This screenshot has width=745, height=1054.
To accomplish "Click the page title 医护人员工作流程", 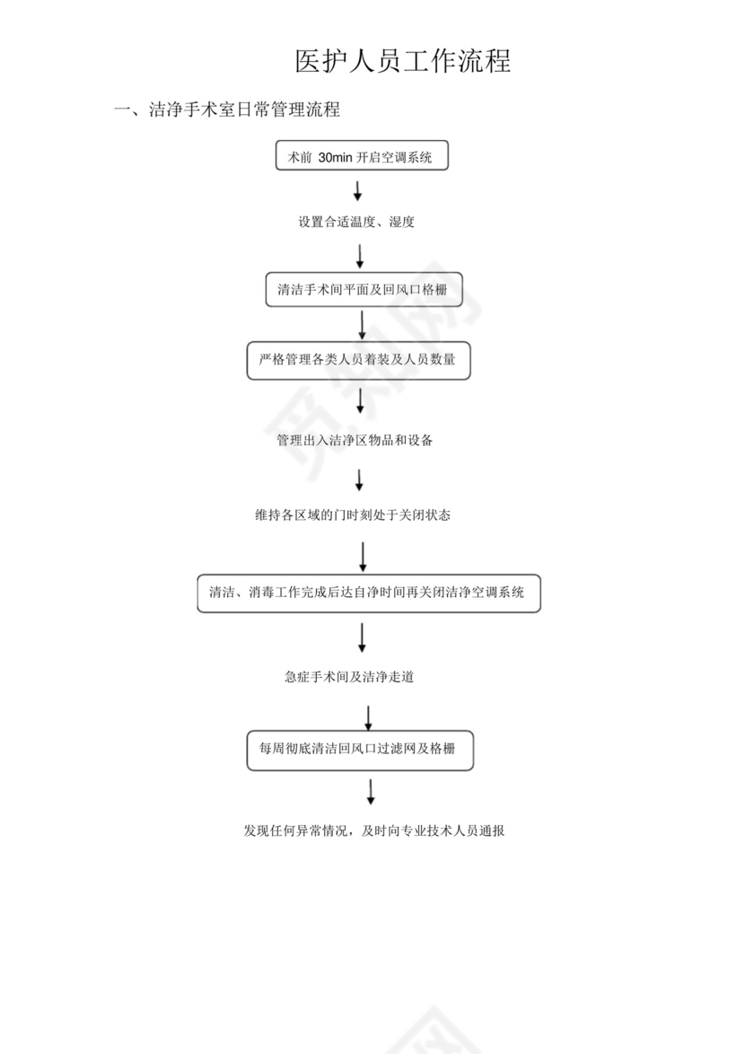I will coord(403,61).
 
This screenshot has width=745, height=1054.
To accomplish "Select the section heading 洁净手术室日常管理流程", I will coord(243,110).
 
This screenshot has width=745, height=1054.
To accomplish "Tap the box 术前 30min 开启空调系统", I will coord(360,157).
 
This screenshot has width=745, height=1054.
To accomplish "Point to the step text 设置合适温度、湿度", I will coord(356,222).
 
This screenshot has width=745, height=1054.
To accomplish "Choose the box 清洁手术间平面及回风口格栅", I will coord(364,290).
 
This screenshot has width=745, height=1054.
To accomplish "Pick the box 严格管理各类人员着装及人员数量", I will coord(358,360).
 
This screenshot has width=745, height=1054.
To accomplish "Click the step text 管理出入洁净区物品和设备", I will coord(355,441).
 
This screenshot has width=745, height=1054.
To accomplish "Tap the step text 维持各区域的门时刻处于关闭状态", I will coord(352,515).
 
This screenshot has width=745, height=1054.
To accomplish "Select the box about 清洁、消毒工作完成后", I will coord(368,593).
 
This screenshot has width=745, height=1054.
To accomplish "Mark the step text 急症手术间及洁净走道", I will coord(348,678).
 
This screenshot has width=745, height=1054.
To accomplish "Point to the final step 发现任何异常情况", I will coord(373,830).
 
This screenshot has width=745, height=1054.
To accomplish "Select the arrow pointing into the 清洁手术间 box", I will coord(360,256).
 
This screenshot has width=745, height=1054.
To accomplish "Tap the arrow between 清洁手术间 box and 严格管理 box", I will coord(362,324).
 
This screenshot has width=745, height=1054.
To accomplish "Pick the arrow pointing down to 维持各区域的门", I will coord(359,479).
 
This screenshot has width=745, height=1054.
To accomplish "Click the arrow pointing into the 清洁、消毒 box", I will coord(363,557).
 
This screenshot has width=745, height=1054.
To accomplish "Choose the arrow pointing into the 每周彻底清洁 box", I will coord(368,718).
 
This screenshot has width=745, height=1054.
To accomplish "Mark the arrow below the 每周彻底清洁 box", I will coord(370,792).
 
